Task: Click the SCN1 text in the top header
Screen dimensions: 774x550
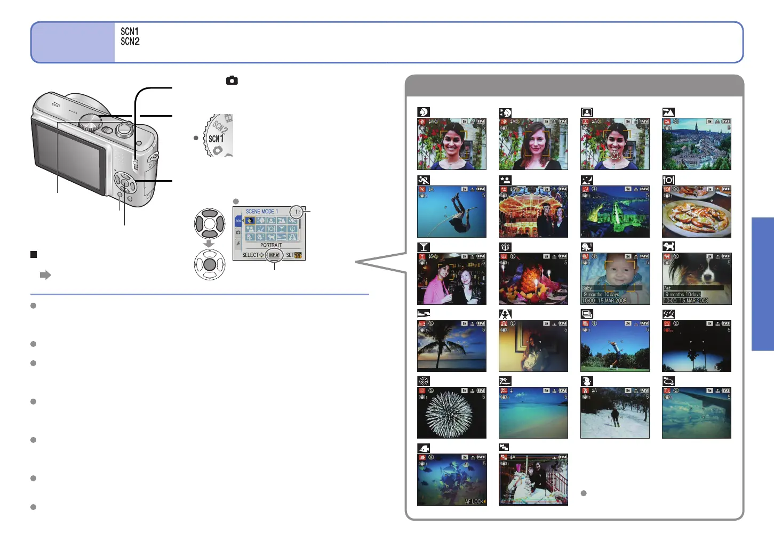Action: tap(130, 32)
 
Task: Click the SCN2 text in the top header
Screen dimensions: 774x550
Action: tap(130, 42)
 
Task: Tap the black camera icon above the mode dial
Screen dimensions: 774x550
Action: tap(232, 80)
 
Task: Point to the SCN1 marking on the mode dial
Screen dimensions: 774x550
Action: tap(216, 139)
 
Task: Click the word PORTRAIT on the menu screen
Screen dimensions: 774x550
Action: tap(271, 245)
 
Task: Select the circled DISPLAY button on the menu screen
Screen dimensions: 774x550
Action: tap(274, 255)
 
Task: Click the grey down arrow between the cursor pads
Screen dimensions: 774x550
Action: tap(209, 244)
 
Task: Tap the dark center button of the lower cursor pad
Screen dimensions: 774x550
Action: tap(210, 264)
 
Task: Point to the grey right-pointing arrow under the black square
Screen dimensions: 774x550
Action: tap(45, 275)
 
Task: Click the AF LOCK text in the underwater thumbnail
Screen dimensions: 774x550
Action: tap(475, 502)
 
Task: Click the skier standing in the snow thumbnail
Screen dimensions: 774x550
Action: tap(615, 416)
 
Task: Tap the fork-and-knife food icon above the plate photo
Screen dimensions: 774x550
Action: tap(668, 180)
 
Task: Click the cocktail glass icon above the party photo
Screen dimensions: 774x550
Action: tap(424, 247)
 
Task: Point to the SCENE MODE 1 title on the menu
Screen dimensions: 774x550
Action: tap(262, 212)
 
